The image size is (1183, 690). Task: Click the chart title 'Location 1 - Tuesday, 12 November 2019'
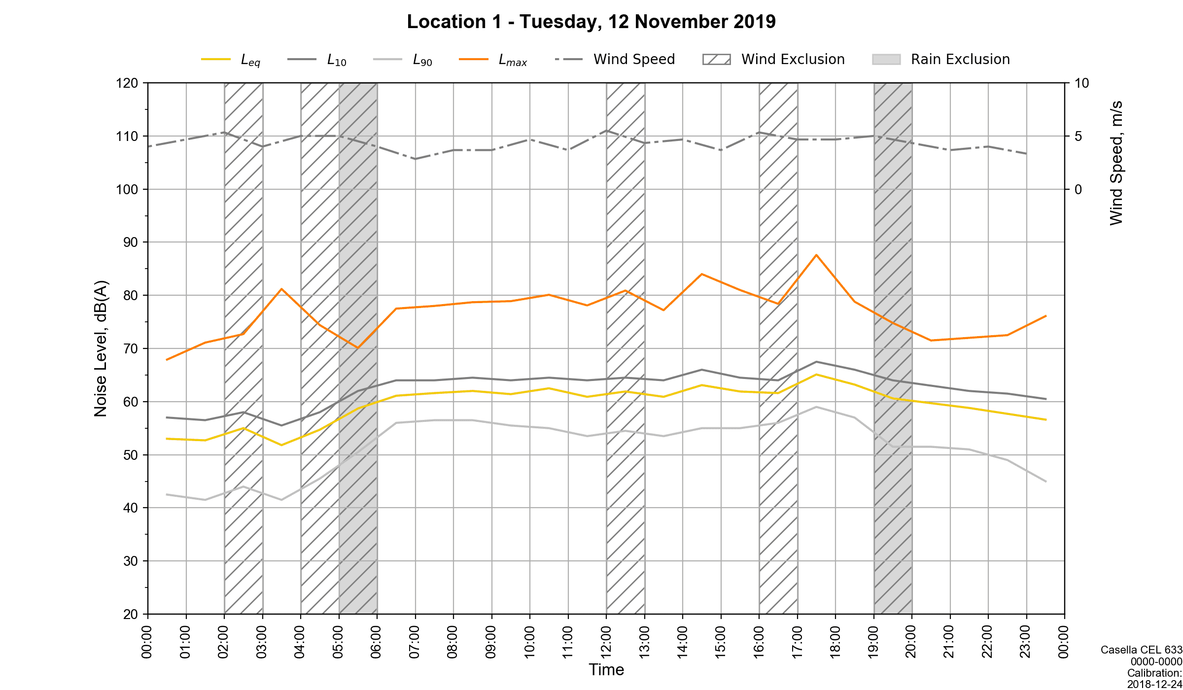coord(591,22)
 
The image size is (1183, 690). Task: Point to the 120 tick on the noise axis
coord(127,83)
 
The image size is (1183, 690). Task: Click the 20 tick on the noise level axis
coord(131,614)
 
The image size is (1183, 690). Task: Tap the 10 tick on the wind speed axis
coord(1081,83)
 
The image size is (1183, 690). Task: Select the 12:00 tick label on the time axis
coord(606,642)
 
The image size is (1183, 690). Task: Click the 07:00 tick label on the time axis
coord(415,642)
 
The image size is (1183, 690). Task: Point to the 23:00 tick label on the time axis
coord(1026,642)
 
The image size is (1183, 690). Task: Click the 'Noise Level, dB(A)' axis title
coord(101,348)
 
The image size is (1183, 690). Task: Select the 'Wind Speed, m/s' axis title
coord(1116,163)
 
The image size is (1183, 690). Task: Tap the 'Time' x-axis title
coord(606,670)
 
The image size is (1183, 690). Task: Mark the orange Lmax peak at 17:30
coord(816,255)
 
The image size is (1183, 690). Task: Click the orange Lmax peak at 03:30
coord(281,289)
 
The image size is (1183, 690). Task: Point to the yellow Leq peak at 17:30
coord(816,375)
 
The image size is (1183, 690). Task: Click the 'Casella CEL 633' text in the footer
coord(1141,650)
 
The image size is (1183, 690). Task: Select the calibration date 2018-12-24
coord(1154,684)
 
